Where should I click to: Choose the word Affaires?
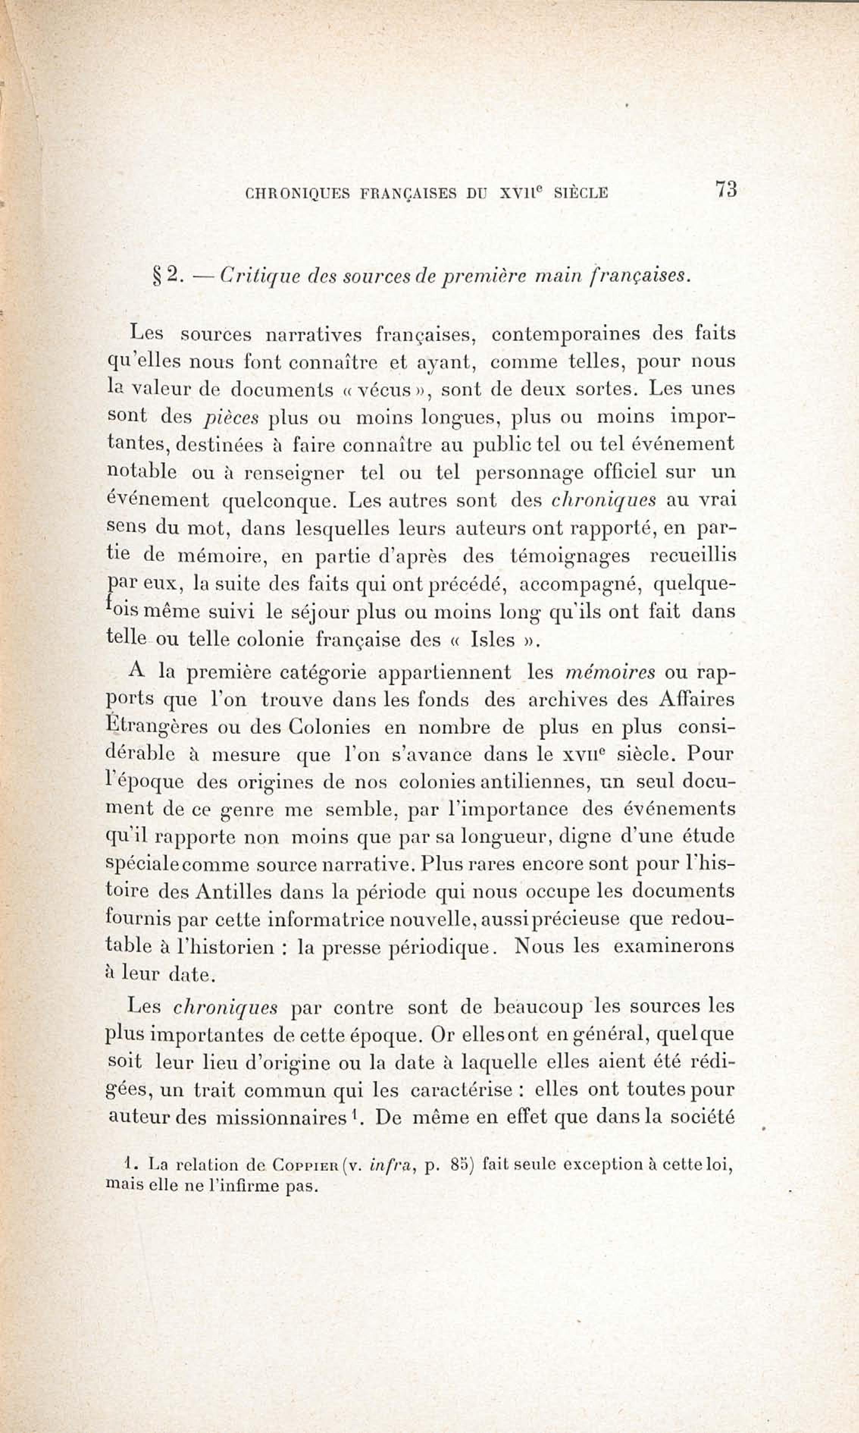tap(697, 700)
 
